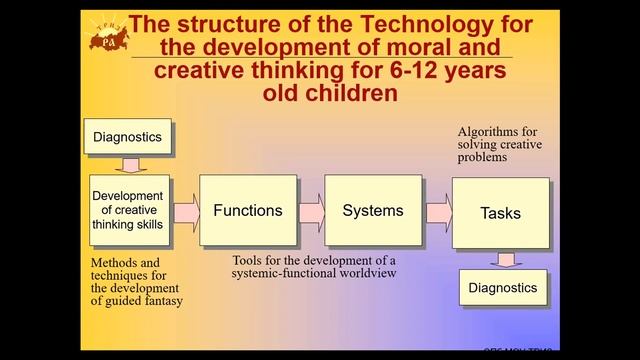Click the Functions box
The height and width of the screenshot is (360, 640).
tap(247, 211)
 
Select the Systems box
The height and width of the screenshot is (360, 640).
tap(372, 211)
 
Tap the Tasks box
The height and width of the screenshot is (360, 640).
tap(500, 214)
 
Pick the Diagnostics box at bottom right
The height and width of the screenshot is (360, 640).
tap(503, 288)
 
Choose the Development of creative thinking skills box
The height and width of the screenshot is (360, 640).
tap(126, 210)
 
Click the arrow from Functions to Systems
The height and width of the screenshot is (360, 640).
tap(311, 211)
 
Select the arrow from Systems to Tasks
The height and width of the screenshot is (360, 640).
tap(438, 211)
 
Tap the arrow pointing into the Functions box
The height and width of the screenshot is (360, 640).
tap(186, 212)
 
